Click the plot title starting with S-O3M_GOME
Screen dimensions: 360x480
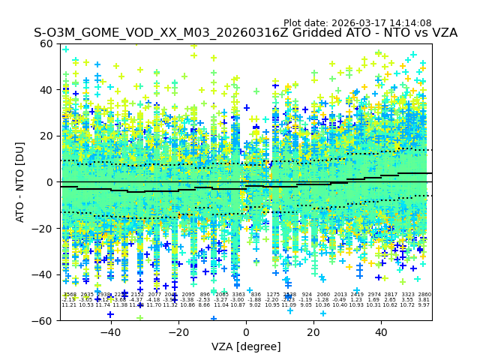tap(245, 33)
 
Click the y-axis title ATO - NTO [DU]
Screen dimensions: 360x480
tap(20, 181)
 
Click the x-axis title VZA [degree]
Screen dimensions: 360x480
tap(246, 346)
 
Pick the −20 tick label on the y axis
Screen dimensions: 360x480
tap(43, 228)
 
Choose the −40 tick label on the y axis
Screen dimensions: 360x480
tap(43, 274)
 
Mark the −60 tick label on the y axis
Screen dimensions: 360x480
tap(43, 320)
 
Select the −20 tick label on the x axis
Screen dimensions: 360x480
tap(178, 332)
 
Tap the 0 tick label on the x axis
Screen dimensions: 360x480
tap(246, 332)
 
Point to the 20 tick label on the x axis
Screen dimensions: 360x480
tap(313, 332)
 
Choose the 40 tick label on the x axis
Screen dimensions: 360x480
tap(381, 332)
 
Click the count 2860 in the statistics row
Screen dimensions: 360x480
tap(424, 295)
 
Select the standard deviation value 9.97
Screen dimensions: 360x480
tap(424, 305)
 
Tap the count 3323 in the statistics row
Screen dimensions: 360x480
tap(408, 295)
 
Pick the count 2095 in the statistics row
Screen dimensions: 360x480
tap(187, 295)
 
